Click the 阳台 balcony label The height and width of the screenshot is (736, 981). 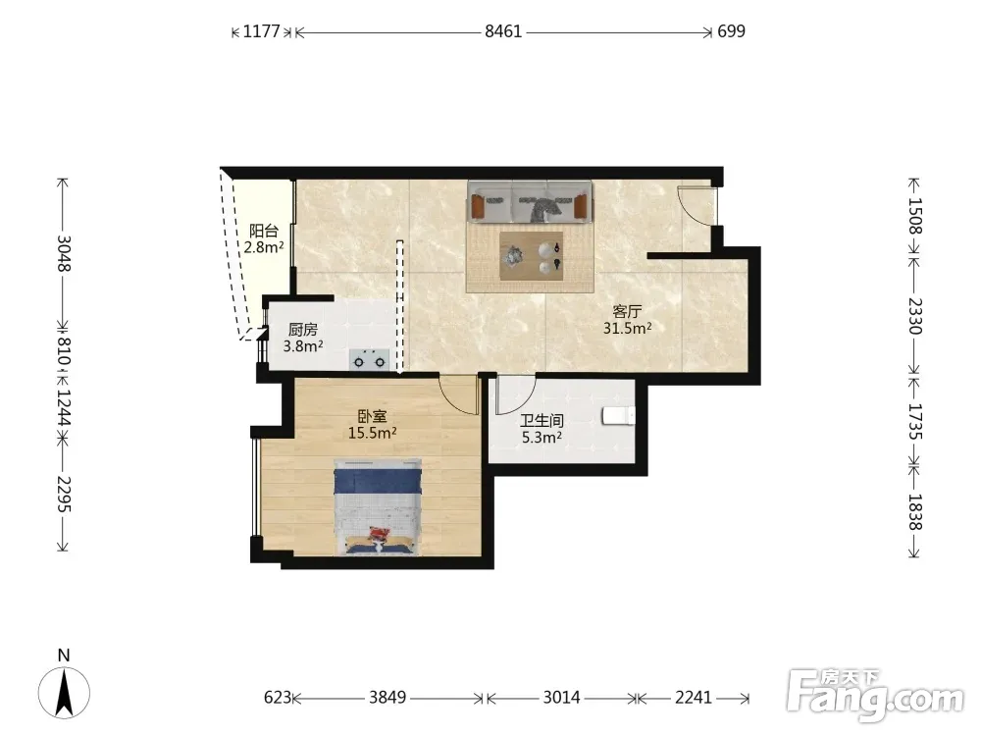click(263, 231)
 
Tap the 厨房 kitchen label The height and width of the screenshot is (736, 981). click(303, 329)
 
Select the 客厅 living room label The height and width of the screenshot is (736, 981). click(628, 311)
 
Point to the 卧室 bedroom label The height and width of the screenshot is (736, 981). click(372, 416)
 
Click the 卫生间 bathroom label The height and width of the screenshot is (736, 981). click(542, 421)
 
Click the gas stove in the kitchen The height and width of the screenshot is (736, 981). click(369, 360)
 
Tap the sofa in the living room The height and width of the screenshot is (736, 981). click(530, 201)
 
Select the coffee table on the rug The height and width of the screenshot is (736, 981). click(531, 256)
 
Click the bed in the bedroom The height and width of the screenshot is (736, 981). click(378, 507)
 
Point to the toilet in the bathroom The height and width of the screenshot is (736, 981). click(619, 416)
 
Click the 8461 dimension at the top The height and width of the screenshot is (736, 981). click(503, 30)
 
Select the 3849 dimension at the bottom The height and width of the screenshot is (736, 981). click(387, 697)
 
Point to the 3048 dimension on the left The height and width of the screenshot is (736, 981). click(64, 253)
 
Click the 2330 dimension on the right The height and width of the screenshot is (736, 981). click(915, 316)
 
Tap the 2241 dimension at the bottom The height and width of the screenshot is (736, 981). click(694, 697)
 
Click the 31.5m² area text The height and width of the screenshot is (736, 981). click(628, 328)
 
